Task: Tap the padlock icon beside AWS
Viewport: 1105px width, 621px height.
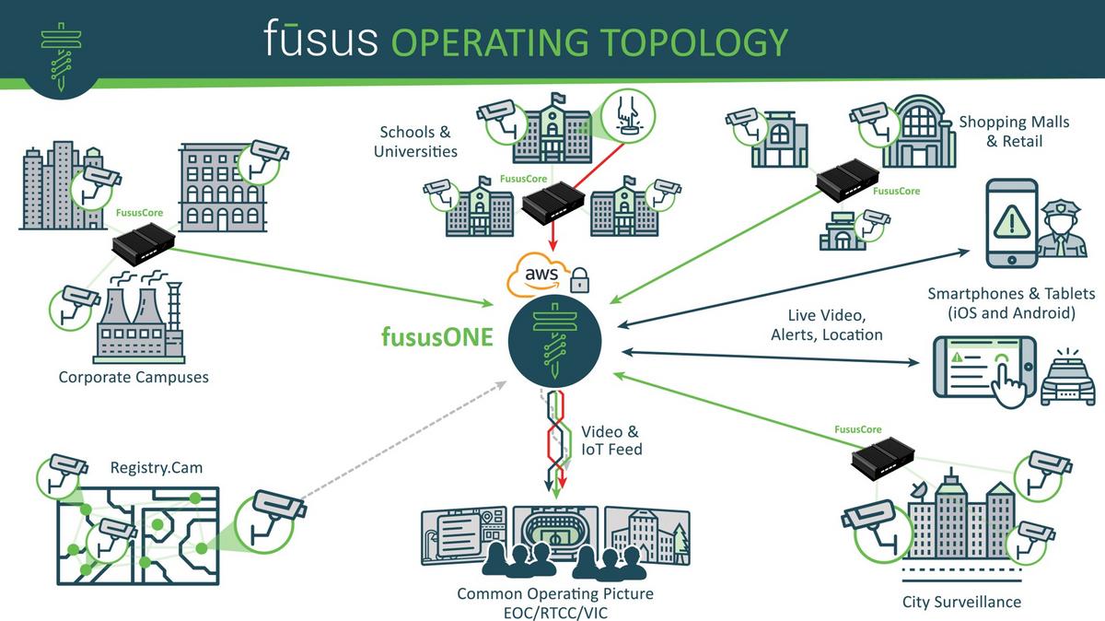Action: coord(579,280)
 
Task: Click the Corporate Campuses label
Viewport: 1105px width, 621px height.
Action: coord(134,377)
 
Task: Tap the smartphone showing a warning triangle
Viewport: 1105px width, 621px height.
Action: coord(1010,220)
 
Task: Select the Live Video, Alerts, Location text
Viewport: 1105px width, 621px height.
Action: coord(826,325)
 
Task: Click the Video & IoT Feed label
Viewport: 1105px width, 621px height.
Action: coord(611,439)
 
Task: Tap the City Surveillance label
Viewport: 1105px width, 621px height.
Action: coord(961,602)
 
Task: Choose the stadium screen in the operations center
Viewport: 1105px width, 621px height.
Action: coord(554,533)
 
